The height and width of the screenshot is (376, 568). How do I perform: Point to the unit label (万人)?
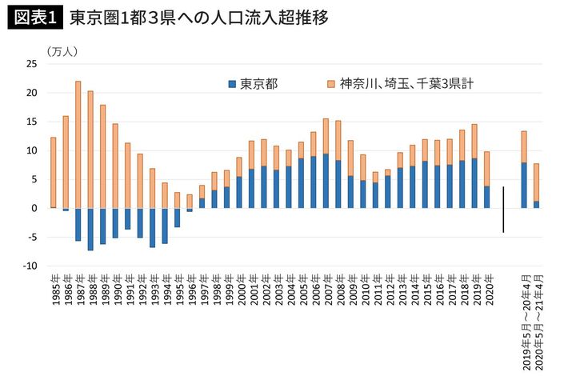(62, 51)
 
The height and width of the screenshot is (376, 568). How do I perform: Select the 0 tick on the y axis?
(34, 208)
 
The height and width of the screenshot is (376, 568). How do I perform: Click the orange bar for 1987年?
(78, 144)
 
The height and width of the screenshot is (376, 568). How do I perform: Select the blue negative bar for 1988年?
(90, 229)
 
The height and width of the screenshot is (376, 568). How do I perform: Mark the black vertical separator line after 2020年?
(504, 209)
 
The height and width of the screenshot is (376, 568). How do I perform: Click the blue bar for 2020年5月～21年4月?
(537, 204)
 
